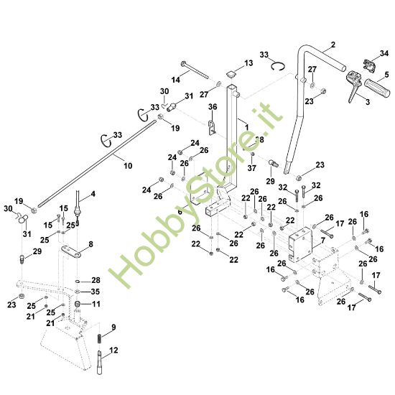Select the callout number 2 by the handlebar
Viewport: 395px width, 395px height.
pyautogui.click(x=333, y=45)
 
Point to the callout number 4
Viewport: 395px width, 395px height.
pyautogui.click(x=92, y=195)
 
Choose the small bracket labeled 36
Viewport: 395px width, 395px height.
pyautogui.click(x=213, y=129)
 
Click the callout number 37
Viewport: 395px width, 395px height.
pyautogui.click(x=252, y=168)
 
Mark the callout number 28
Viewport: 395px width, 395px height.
pyautogui.click(x=96, y=280)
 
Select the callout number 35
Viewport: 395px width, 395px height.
pyautogui.click(x=96, y=292)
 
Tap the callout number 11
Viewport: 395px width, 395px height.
pyautogui.click(x=96, y=304)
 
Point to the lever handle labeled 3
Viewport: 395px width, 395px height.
pyautogui.click(x=353, y=92)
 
